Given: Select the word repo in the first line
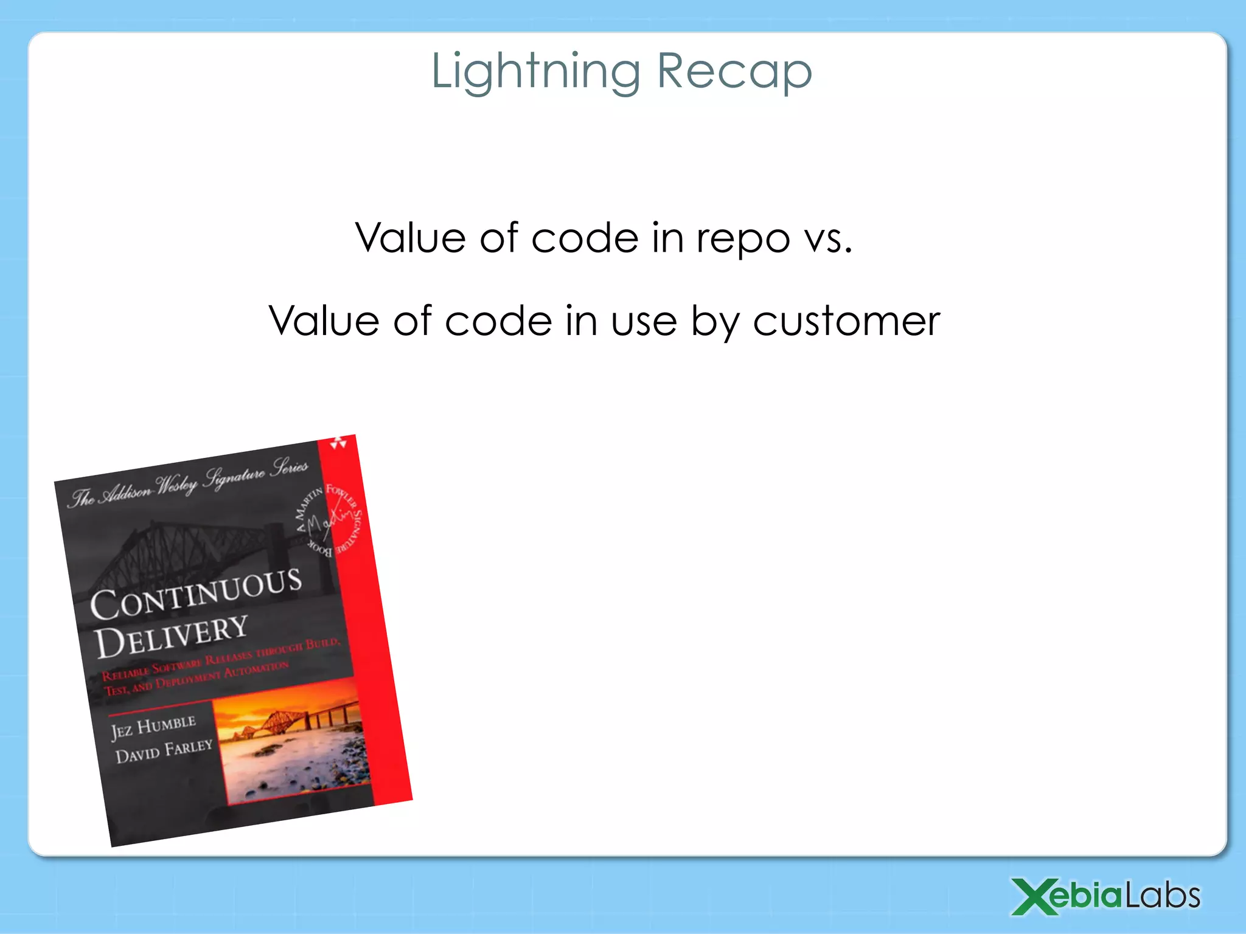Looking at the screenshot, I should (743, 238).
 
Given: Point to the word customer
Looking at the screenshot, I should (846, 321).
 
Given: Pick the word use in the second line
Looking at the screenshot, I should (644, 321).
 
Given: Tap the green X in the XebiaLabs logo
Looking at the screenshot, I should (1035, 896).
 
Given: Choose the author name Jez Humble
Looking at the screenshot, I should (153, 727).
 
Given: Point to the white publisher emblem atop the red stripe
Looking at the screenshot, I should (338, 443).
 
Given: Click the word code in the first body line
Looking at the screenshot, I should (585, 238).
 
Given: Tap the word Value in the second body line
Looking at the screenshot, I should (324, 321).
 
